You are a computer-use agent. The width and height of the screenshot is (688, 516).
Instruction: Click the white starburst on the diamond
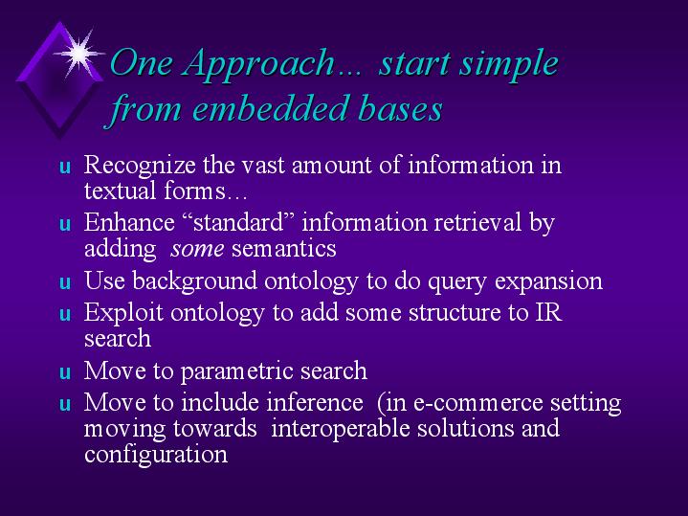pyautogui.click(x=79, y=54)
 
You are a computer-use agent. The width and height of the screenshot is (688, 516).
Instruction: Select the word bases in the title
pyautogui.click(x=400, y=108)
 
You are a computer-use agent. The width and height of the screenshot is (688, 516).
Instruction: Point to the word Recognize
pyautogui.click(x=140, y=166)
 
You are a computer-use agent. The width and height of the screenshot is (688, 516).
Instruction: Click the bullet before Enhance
pyautogui.click(x=65, y=224)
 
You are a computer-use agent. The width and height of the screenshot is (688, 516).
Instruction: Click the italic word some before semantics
pyautogui.click(x=197, y=249)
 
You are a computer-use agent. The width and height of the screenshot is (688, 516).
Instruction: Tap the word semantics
pyautogui.click(x=284, y=249)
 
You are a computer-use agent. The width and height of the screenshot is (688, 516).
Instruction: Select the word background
pyautogui.click(x=194, y=281)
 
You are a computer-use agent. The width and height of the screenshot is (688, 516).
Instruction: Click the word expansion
pyautogui.click(x=548, y=282)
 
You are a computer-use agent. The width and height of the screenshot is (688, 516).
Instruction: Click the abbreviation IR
pyautogui.click(x=548, y=312)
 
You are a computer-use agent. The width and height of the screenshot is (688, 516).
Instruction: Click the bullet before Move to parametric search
pyautogui.click(x=65, y=372)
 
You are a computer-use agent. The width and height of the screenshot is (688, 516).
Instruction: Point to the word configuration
pyautogui.click(x=156, y=455)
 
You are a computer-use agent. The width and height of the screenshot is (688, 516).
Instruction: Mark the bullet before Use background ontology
pyautogui.click(x=65, y=282)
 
